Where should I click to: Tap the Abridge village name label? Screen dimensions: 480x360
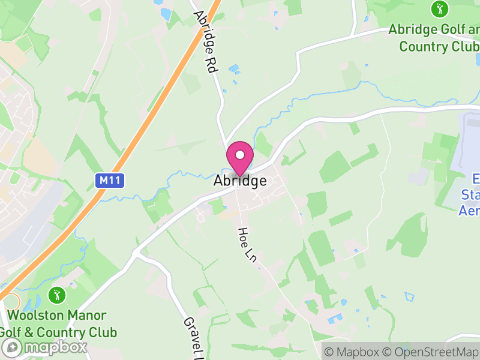[240, 181]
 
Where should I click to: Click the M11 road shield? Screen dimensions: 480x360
[110, 179]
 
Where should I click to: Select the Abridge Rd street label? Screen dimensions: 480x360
[205, 42]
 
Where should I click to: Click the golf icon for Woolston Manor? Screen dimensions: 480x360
[57, 295]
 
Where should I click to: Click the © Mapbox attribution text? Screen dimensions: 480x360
[353, 352]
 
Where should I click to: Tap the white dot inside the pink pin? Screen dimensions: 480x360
[240, 155]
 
